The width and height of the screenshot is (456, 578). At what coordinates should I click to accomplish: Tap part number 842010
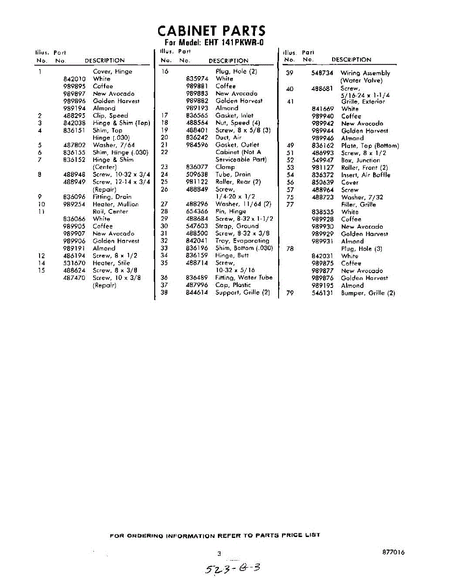click(74, 79)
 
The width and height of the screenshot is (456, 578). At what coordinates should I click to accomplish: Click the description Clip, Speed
click(110, 116)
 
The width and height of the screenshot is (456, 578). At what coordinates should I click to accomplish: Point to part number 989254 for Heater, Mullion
click(74, 204)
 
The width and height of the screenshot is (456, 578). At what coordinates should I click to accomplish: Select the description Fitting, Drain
click(112, 197)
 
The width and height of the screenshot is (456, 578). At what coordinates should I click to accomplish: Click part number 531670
click(74, 263)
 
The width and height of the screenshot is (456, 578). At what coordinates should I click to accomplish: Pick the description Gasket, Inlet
click(234, 116)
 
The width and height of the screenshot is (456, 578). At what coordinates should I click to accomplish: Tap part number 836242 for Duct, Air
click(197, 138)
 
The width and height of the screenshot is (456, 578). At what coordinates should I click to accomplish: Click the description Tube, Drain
click(233, 174)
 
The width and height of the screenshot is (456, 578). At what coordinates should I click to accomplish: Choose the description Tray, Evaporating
click(242, 241)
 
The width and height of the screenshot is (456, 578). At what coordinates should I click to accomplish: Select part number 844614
click(197, 292)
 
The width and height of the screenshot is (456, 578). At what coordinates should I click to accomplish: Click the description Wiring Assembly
click(365, 73)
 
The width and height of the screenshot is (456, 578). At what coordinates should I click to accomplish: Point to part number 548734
click(322, 73)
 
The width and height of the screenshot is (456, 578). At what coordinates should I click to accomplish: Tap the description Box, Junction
click(361, 160)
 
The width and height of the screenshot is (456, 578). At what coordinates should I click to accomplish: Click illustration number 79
click(290, 293)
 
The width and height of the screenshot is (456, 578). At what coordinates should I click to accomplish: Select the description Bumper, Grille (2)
click(368, 293)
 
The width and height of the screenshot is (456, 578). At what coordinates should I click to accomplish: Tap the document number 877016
click(393, 552)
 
